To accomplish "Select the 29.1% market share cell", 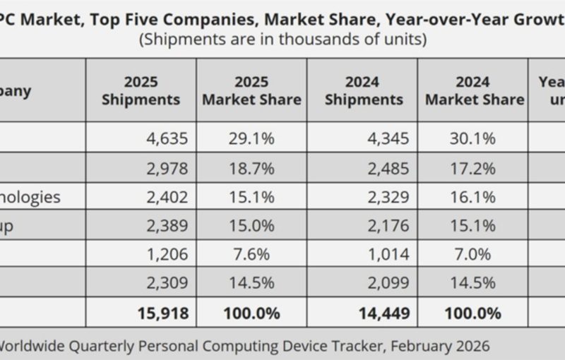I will (251, 138).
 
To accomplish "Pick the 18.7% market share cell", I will (251, 167).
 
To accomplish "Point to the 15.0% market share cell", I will (251, 225).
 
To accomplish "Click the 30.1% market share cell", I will (472, 138).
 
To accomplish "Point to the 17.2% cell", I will (472, 167).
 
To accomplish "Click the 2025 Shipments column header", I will (141, 90).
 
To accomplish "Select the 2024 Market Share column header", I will (474, 90).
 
